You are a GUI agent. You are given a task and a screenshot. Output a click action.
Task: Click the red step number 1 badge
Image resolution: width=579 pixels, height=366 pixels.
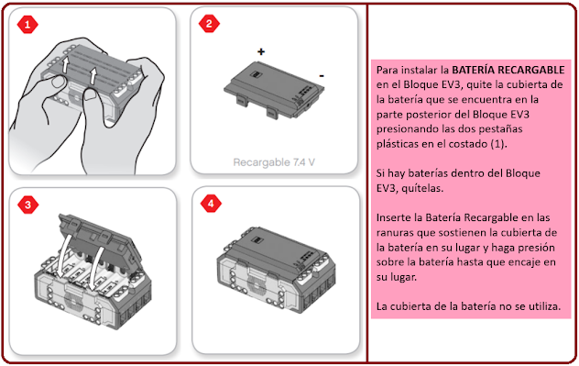coord(27,25)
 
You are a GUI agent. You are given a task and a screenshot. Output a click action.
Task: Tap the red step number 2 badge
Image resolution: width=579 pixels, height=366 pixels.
coord(209,24)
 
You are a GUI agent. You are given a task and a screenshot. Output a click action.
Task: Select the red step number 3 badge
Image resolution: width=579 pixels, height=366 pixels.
coord(27,205)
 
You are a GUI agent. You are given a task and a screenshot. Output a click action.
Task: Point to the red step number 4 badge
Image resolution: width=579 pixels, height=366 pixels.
coord(211,204)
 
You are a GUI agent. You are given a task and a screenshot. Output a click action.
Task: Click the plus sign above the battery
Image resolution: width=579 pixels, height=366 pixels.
coord(261,51)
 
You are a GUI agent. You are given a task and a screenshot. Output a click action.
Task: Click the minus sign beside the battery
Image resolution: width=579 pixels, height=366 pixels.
coord(322,76)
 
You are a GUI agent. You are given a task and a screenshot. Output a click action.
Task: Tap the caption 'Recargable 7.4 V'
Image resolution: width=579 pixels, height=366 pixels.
coord(274,162)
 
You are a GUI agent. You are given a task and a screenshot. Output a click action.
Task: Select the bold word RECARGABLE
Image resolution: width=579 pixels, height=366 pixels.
coord(530,70)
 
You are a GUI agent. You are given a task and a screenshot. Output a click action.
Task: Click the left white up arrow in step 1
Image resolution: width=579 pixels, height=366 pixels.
coord(65,65)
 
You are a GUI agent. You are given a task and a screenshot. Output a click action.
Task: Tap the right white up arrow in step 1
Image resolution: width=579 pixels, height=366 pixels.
coord(93,76)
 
